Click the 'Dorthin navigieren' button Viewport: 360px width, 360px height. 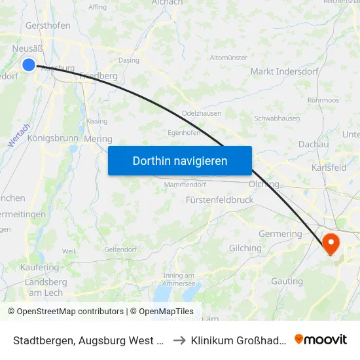[x=180, y=160]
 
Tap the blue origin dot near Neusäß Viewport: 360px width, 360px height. [x=29, y=64]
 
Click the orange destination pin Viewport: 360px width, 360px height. [x=331, y=243]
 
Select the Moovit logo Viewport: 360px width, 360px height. [x=320, y=339]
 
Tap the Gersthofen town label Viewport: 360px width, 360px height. [x=48, y=26]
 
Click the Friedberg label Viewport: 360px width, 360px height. [x=98, y=75]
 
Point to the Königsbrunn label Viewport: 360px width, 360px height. [x=52, y=139]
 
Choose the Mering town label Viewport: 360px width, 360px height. [x=99, y=139]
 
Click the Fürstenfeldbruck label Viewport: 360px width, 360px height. [x=219, y=199]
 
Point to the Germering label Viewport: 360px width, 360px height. [x=280, y=234]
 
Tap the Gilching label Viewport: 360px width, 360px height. [x=245, y=248]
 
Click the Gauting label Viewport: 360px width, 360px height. [x=286, y=281]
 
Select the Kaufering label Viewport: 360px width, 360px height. [x=40, y=267]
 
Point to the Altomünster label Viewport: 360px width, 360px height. [x=228, y=58]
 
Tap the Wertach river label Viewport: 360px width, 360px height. [x=20, y=134]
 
